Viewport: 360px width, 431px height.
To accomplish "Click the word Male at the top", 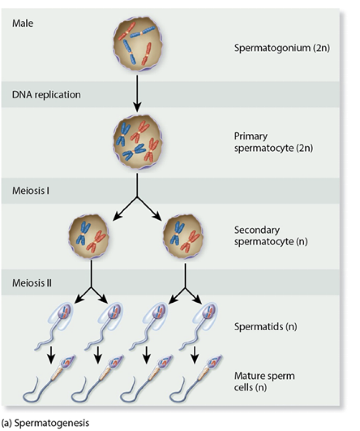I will [x=23, y=23].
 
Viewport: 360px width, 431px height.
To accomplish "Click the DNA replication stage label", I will [x=46, y=94].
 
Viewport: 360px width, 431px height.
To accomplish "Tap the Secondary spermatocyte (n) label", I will [x=270, y=236].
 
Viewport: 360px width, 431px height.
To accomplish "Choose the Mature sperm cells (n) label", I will [x=264, y=381].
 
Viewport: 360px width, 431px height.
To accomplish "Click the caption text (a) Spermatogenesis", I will [x=45, y=423].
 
